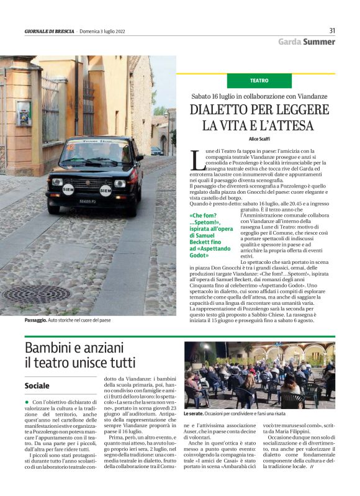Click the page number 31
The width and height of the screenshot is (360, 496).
click(x=332, y=30)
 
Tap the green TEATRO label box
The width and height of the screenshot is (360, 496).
click(x=259, y=81)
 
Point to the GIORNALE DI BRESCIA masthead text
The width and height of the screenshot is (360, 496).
click(x=49, y=31)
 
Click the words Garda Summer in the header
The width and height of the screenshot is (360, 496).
click(x=307, y=42)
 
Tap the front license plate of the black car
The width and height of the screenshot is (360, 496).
click(x=88, y=201)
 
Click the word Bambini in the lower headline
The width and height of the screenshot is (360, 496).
click(x=52, y=347)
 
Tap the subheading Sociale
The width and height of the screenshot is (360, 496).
click(x=37, y=386)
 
